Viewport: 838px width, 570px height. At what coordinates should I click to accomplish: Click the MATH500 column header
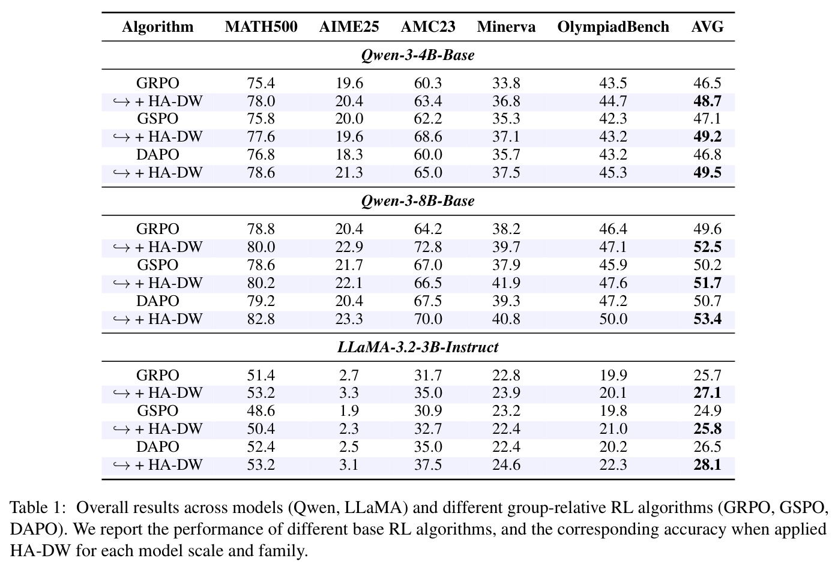(261, 26)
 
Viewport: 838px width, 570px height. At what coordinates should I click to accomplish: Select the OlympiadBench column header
(613, 27)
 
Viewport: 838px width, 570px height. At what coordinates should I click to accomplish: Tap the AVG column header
(707, 26)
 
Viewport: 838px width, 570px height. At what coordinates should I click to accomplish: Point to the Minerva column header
(506, 26)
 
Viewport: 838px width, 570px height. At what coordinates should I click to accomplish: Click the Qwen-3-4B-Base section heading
(418, 55)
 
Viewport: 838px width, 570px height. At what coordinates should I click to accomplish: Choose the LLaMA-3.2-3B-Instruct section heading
(418, 347)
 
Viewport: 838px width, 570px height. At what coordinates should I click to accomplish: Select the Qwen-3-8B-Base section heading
(418, 201)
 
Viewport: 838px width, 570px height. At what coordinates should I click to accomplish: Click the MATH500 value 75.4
(261, 83)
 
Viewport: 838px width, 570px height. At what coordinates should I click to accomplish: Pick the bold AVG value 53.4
(707, 319)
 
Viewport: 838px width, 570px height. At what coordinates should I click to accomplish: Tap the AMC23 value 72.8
(428, 247)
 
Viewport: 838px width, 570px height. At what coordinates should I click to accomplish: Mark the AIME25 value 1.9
(349, 411)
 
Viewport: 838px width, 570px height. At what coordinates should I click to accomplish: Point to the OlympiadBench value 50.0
(613, 319)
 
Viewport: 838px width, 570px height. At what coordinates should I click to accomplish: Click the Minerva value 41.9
(506, 283)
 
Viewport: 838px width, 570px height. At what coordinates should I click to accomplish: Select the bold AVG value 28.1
(707, 465)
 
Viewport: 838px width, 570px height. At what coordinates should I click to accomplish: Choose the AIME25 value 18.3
(349, 155)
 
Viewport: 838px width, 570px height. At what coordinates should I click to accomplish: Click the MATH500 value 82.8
(261, 319)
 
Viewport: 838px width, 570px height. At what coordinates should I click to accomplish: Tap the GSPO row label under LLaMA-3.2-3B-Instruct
(157, 411)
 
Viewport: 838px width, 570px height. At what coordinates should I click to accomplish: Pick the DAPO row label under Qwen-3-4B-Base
(157, 155)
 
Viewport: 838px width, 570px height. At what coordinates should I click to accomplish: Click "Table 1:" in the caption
(38, 508)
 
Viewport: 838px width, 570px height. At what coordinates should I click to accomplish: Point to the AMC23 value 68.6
(428, 137)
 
